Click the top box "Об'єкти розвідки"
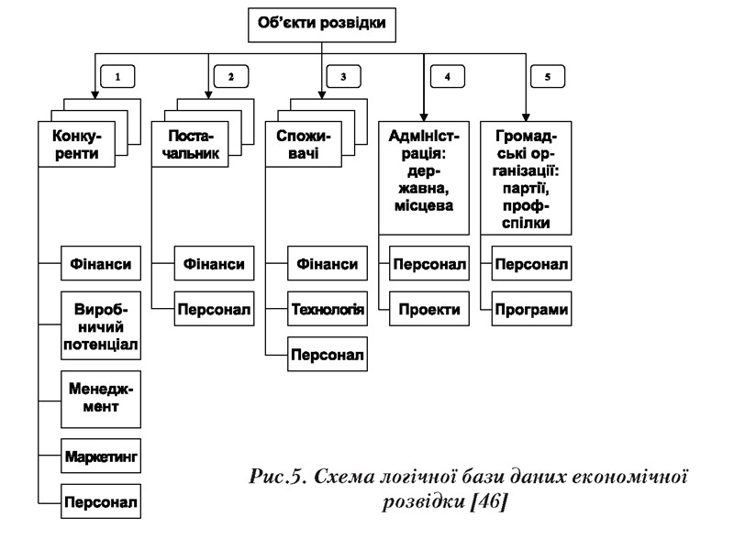322,25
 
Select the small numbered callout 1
118,76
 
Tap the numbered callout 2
229,76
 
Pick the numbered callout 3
342,76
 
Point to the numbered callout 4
447,76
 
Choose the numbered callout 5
548,76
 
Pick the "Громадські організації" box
527,177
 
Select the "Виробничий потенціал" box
101,326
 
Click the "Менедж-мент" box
101,400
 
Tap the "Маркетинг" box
101,455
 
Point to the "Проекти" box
429,309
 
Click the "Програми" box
531,309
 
